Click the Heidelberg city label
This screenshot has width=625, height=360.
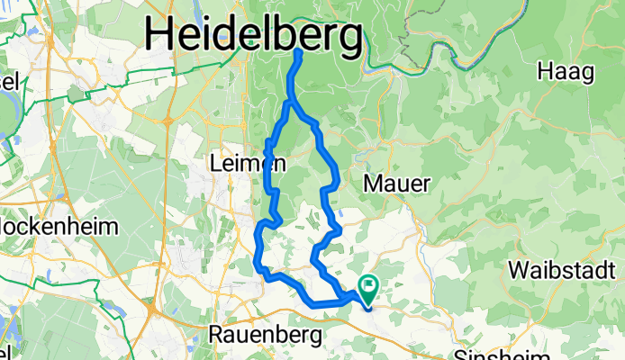pyautogui.click(x=255, y=36)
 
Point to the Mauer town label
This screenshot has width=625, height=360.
pyautogui.click(x=398, y=183)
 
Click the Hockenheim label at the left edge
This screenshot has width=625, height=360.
pyautogui.click(x=59, y=227)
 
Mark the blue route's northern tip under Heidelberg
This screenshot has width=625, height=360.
pyautogui.click(x=299, y=52)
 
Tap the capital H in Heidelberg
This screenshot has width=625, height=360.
pyautogui.click(x=160, y=36)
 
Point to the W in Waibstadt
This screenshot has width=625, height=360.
pyautogui.click(x=517, y=269)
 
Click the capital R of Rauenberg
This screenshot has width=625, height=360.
pyautogui.click(x=216, y=334)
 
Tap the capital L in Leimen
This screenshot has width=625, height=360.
pyautogui.click(x=213, y=165)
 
